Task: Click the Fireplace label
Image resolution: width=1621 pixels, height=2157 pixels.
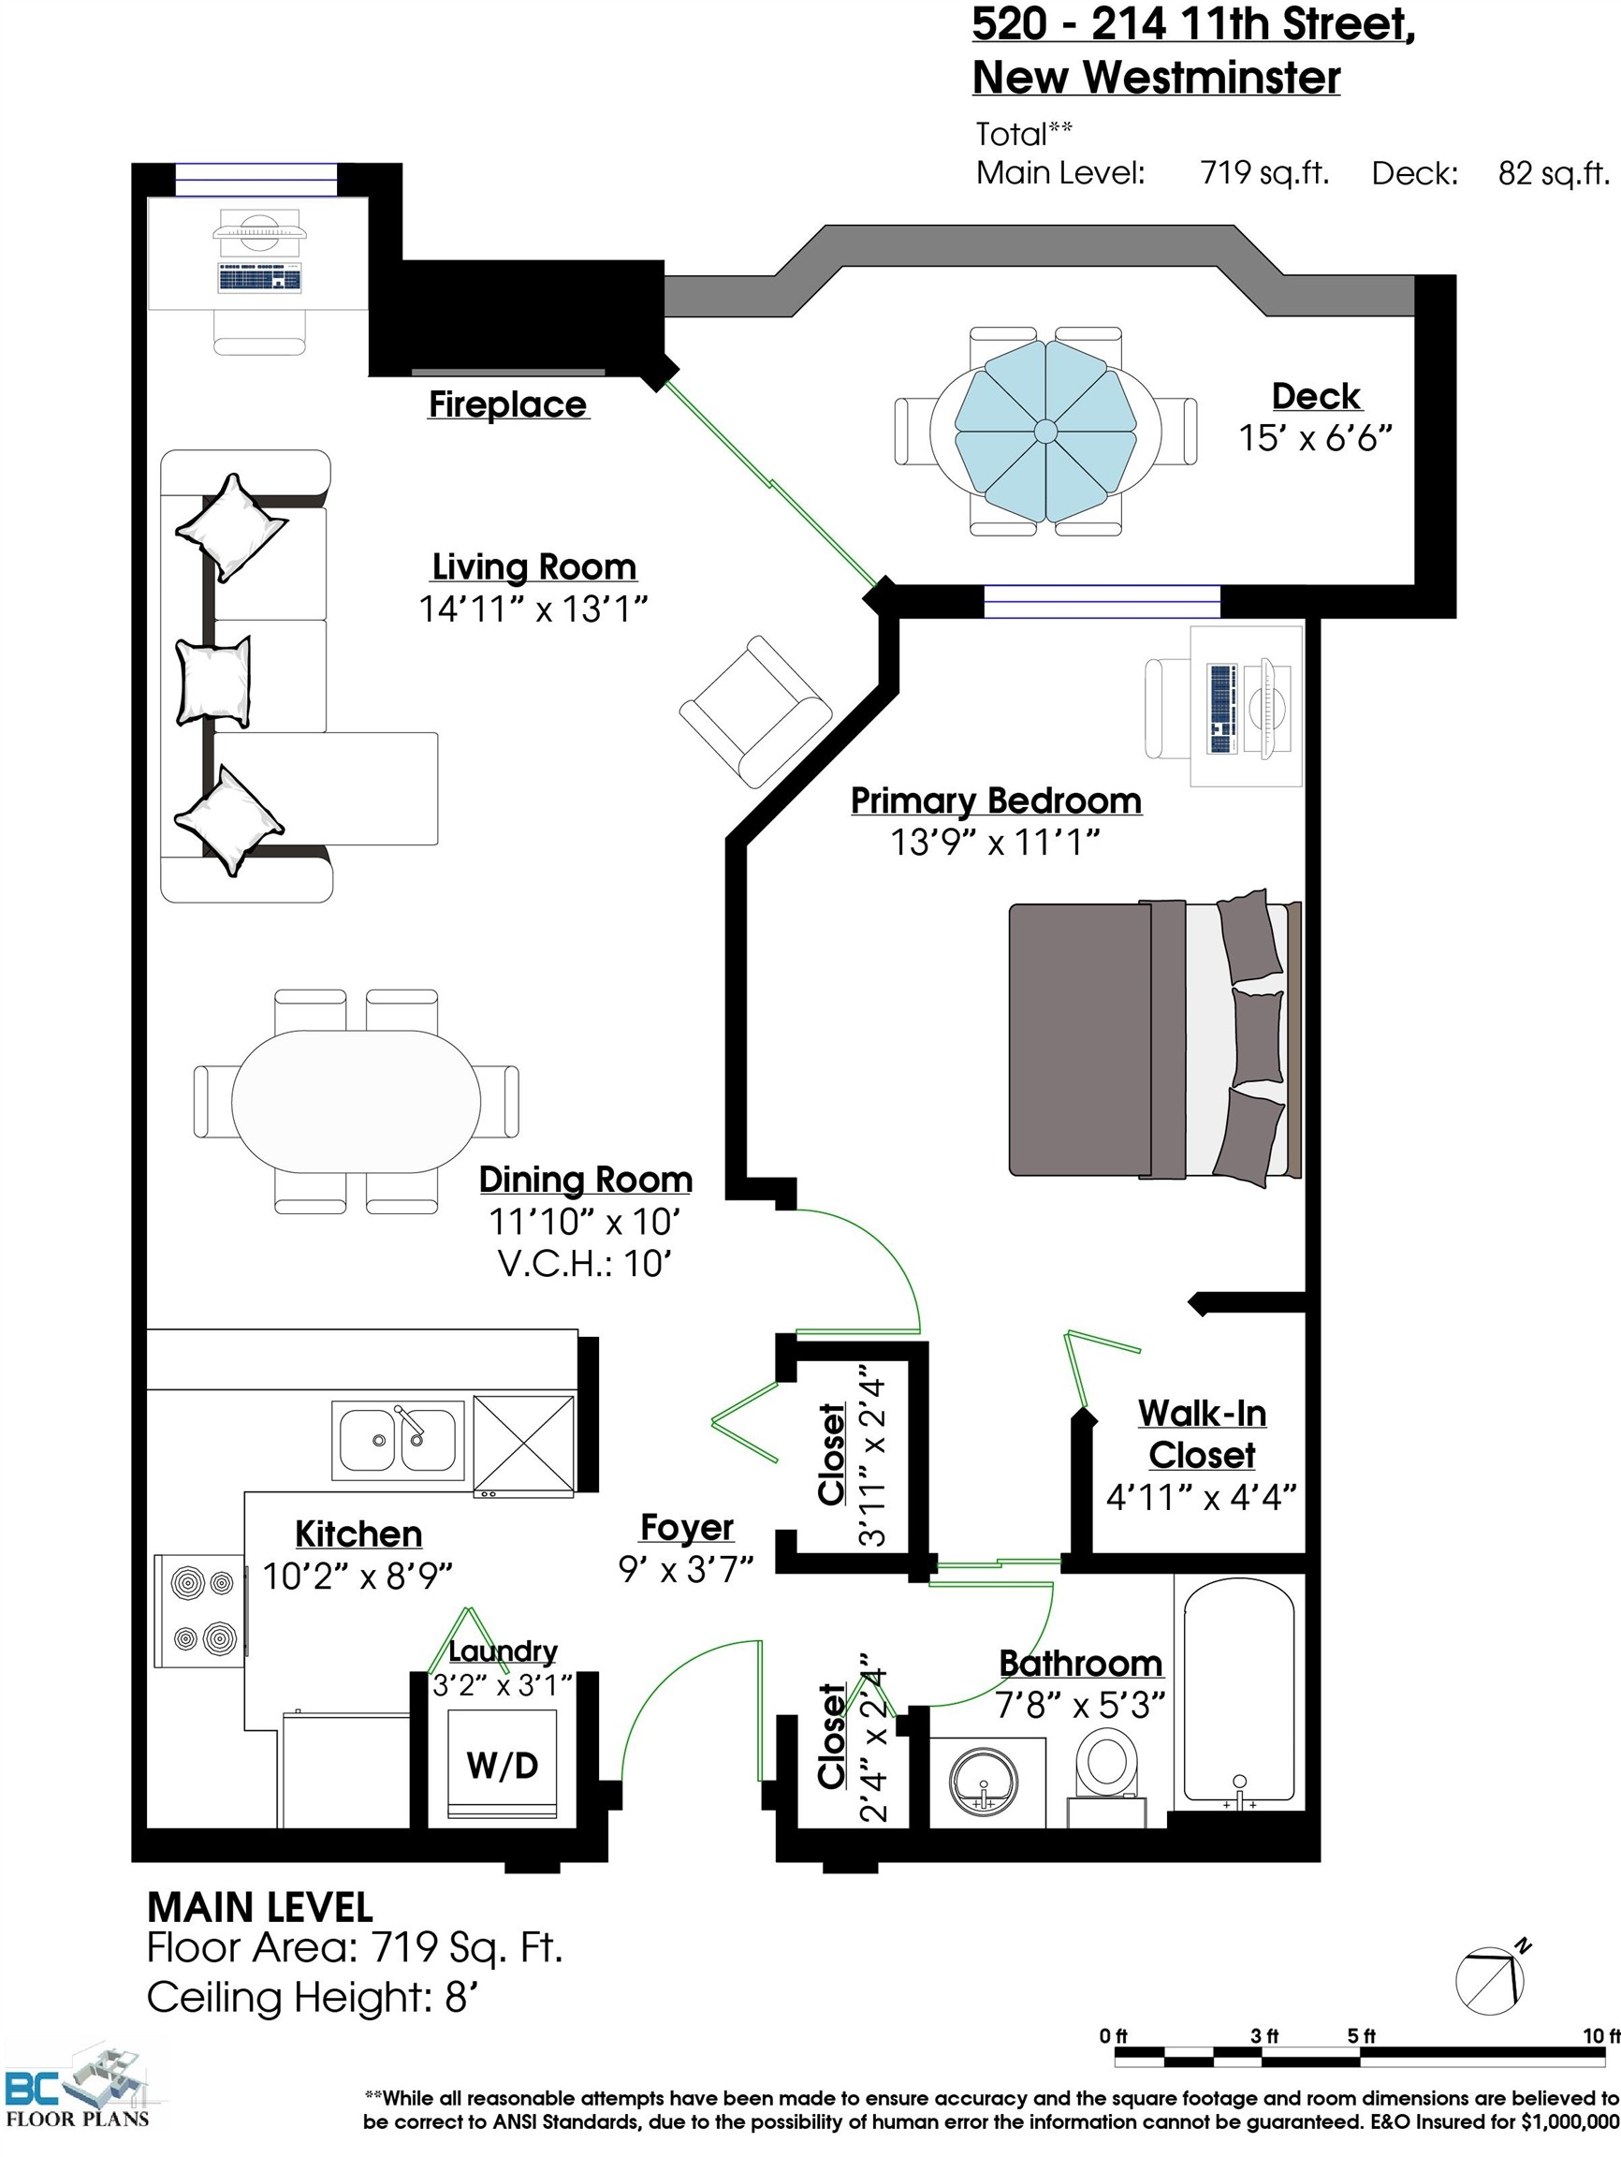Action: coord(508,404)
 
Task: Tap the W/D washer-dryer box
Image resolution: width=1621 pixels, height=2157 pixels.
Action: coord(502,1764)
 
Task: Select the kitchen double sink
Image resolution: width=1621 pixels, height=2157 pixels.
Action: coord(397,1439)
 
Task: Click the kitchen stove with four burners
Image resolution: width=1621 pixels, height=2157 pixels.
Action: coord(200,1611)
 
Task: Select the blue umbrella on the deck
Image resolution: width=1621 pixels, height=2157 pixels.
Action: coord(1044,430)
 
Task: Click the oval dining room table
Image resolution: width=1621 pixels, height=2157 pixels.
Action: coord(356,1101)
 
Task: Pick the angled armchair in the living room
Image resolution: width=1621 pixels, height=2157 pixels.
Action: coord(755,712)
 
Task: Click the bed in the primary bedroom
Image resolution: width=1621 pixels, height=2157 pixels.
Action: coord(1155,1037)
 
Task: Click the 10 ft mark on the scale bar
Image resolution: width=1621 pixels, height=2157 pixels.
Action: coord(1600,2036)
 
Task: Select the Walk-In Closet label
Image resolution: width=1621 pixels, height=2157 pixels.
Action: coord(1202,1433)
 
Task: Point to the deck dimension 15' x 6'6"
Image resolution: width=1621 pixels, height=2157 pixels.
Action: coord(1315,438)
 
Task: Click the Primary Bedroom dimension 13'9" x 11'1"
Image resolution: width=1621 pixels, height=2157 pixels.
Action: coord(995,842)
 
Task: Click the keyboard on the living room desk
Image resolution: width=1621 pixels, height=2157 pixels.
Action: coord(259,277)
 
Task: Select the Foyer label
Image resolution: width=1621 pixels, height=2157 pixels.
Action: coord(687,1527)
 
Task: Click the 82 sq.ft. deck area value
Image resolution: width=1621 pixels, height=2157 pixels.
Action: coord(1554,172)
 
